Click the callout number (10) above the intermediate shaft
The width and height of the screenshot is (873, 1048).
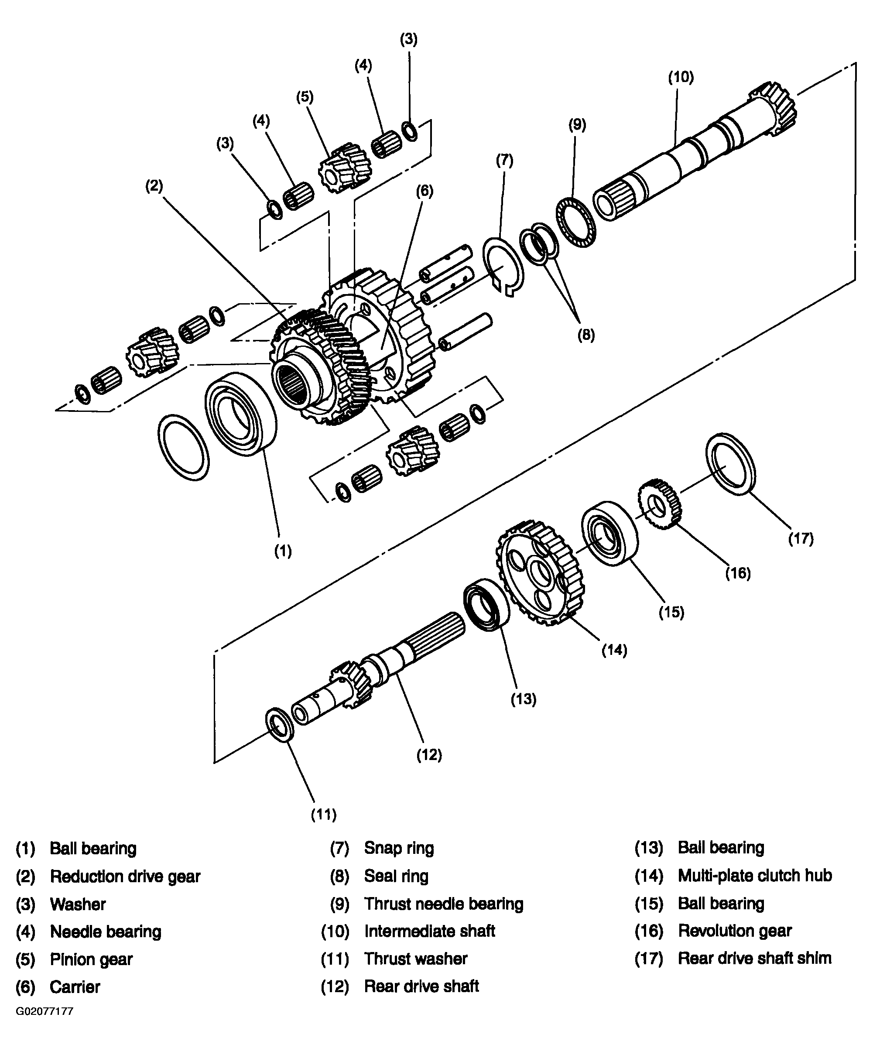coord(681,77)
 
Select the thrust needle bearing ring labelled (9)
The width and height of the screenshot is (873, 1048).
coord(576,223)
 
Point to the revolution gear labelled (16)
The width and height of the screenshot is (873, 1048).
coord(660,504)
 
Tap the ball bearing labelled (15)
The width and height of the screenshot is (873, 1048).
coord(609,534)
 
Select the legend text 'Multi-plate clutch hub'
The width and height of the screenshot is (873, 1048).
coord(755,876)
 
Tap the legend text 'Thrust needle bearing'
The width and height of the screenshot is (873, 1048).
coord(443,904)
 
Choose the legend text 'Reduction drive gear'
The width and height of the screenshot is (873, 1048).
coord(125,877)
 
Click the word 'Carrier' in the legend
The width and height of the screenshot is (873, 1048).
coord(75,986)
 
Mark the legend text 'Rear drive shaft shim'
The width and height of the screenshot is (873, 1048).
coord(754,958)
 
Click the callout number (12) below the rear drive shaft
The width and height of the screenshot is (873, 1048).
coord(429,755)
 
